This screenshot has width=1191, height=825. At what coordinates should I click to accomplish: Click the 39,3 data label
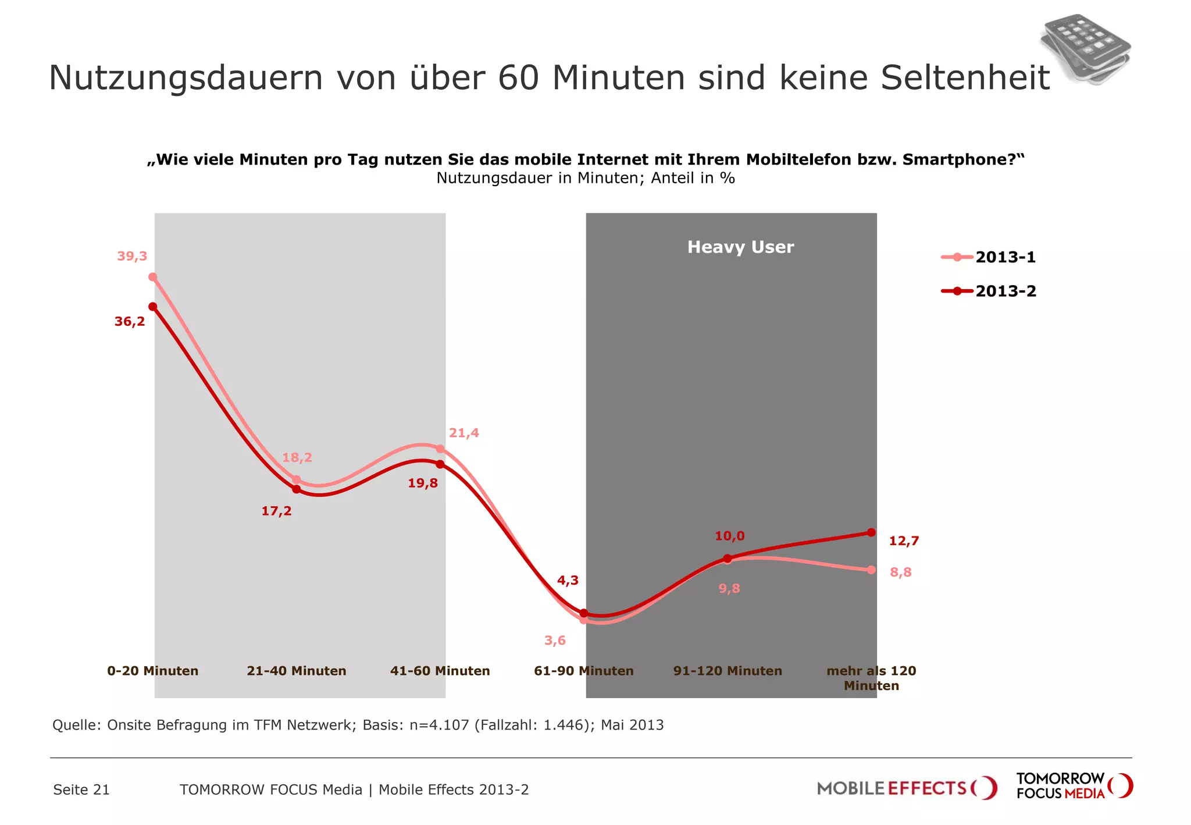tap(132, 256)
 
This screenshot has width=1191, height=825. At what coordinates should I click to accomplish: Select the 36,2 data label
tap(130, 322)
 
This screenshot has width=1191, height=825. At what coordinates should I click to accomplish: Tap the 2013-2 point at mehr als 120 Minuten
tap(871, 532)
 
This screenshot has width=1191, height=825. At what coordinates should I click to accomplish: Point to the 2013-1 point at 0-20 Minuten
tap(153, 277)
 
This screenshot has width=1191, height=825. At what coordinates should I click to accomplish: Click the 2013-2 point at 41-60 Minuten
tap(440, 464)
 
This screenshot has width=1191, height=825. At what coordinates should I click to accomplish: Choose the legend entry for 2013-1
tap(989, 257)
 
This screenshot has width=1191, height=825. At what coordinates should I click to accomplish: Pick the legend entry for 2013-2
tap(989, 291)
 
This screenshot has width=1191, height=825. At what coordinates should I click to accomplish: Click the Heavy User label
tap(740, 247)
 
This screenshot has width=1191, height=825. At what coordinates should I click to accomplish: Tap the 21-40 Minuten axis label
tap(297, 671)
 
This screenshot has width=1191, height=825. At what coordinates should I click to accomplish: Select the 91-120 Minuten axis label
tap(728, 671)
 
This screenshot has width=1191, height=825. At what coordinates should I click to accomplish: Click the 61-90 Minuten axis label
tap(583, 671)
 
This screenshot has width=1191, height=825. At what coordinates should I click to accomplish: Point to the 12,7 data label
tap(904, 541)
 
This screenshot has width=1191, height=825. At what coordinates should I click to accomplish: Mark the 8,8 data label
tap(901, 572)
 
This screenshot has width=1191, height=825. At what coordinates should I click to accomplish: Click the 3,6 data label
tap(555, 641)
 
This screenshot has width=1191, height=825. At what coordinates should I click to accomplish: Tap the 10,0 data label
tap(729, 536)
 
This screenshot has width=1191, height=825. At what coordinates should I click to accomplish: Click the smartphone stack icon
tap(1085, 49)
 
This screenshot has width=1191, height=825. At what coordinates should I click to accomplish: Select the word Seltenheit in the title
tap(965, 77)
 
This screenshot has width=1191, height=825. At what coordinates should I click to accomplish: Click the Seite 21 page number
tap(81, 790)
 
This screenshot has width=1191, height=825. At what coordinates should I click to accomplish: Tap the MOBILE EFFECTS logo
tap(907, 788)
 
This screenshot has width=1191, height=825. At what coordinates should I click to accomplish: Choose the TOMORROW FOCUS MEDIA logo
tap(1074, 786)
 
